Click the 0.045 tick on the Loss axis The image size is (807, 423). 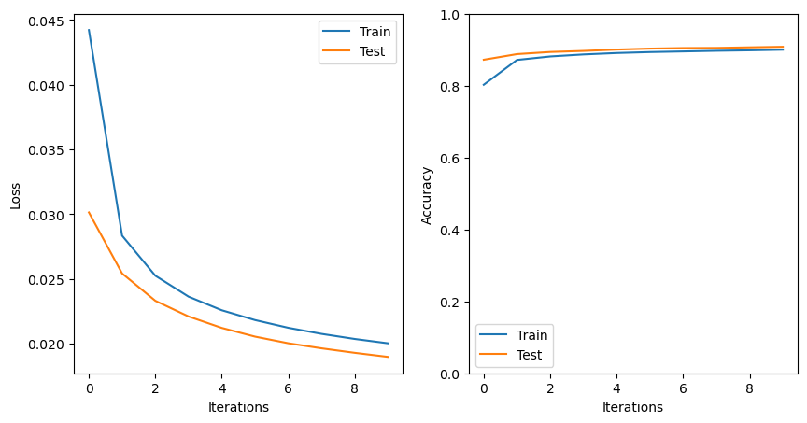(x=49, y=21)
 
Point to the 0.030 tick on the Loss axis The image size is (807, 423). (x=49, y=215)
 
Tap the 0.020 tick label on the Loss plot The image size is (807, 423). (x=49, y=345)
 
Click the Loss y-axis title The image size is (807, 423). (x=15, y=194)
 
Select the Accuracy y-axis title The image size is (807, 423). (x=427, y=194)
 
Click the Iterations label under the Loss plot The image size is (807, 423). (x=238, y=407)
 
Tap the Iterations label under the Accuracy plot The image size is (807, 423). (x=632, y=407)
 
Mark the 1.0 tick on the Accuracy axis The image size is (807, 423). (x=451, y=15)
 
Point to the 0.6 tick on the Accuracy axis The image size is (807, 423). (x=451, y=159)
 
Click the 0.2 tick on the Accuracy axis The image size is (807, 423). (x=451, y=303)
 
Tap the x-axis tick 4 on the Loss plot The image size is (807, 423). (x=221, y=388)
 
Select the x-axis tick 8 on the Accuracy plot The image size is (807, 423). (x=749, y=388)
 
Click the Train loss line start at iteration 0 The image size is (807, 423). (x=89, y=30)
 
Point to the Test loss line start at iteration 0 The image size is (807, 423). (x=89, y=212)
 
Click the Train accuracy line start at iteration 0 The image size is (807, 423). (x=484, y=85)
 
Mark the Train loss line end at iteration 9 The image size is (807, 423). (x=388, y=344)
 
